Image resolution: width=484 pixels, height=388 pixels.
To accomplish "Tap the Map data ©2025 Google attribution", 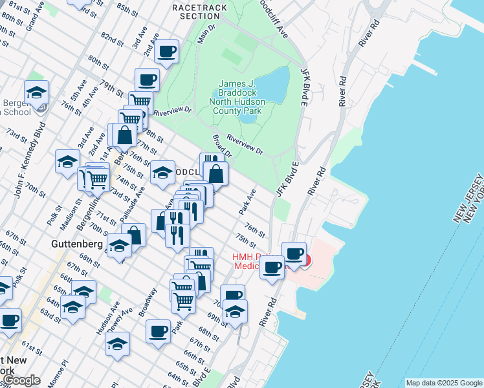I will [444, 383].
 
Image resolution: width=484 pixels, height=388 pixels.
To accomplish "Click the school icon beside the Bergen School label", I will [36, 92].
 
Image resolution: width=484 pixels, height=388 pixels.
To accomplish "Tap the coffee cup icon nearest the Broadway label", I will [158, 332].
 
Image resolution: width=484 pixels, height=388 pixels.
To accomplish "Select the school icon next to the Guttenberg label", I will [119, 246].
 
